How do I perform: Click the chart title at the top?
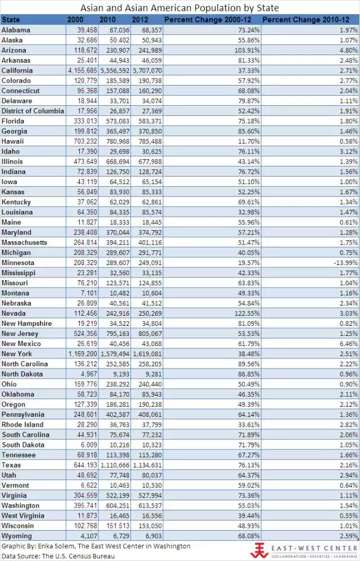tap(179, 8)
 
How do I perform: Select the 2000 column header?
tap(75, 20)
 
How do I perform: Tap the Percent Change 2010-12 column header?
tap(310, 20)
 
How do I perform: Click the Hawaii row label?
tap(13, 141)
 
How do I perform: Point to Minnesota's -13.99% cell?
tap(344, 263)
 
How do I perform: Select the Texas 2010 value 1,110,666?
tap(115, 465)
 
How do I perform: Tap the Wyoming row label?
tap(17, 536)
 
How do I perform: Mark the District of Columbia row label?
tap(33, 111)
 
